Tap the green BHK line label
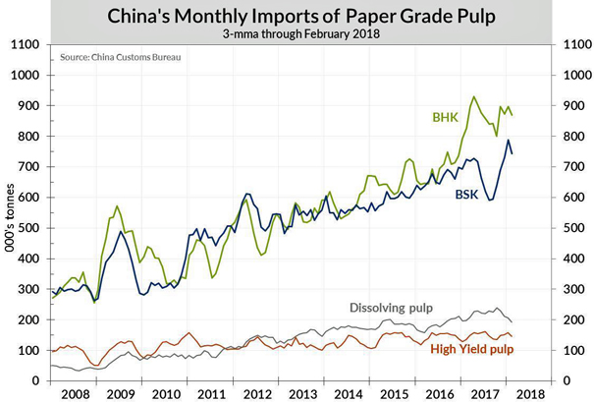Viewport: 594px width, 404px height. click(446, 117)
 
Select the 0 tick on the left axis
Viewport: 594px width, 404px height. click(36, 380)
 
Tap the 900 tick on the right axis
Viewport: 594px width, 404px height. click(567, 106)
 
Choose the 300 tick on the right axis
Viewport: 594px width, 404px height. click(567, 289)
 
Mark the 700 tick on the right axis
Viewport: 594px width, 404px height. click(567, 167)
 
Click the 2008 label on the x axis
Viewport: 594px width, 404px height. click(75, 395)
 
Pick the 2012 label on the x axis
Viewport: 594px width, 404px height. click(257, 395)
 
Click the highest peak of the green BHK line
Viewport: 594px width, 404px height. click(474, 96)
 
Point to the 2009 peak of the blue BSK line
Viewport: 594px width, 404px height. click(120, 232)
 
